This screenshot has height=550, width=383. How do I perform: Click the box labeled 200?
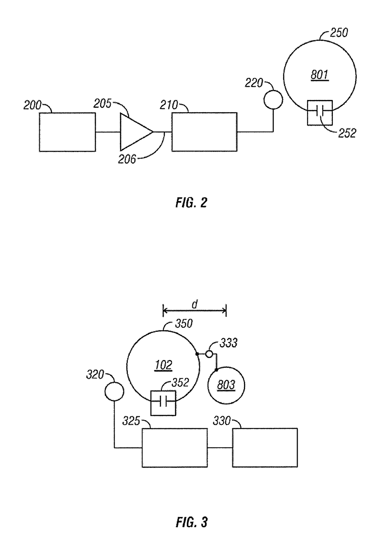tap(67, 132)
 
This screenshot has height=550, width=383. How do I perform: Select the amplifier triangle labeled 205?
tap(134, 132)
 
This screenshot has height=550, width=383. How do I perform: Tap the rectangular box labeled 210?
tap(204, 132)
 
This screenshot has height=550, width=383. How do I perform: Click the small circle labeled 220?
tap(273, 100)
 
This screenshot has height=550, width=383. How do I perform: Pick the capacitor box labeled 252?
tap(320, 113)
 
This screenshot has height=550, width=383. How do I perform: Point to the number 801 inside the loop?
tap(320, 75)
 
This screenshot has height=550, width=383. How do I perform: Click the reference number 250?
tap(339, 33)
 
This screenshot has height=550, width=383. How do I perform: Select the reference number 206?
tap(127, 160)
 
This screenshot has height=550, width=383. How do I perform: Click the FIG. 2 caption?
tap(191, 203)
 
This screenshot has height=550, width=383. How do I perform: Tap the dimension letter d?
tap(195, 304)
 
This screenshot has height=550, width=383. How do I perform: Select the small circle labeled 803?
tap(226, 385)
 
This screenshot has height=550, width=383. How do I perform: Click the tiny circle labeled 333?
tap(209, 354)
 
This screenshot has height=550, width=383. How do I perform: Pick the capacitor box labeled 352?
tap(163, 403)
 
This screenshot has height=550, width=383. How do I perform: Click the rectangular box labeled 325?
tap(174, 448)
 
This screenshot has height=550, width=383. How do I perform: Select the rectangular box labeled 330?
tap(265, 448)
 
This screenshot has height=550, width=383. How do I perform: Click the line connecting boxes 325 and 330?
tap(220, 448)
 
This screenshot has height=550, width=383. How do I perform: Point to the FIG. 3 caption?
tap(191, 522)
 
